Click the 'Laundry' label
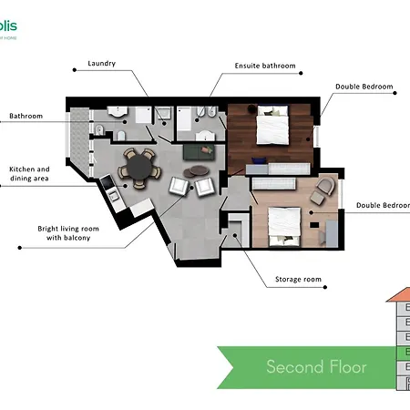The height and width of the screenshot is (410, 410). [102, 64]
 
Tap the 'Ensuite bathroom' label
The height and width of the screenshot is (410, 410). [264, 67]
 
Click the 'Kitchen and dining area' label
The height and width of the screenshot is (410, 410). [29, 175]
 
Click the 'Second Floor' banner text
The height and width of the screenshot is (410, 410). [316, 366]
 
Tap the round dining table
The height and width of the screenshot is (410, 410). [139, 168]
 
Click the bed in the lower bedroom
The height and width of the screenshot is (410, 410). [281, 225]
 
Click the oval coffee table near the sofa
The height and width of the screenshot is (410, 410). [196, 170]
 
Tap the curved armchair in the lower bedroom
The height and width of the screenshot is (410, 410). [323, 192]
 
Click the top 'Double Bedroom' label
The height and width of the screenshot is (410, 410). [364, 87]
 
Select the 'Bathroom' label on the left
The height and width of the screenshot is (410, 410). [26, 116]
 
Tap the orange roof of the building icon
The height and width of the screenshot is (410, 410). [400, 296]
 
